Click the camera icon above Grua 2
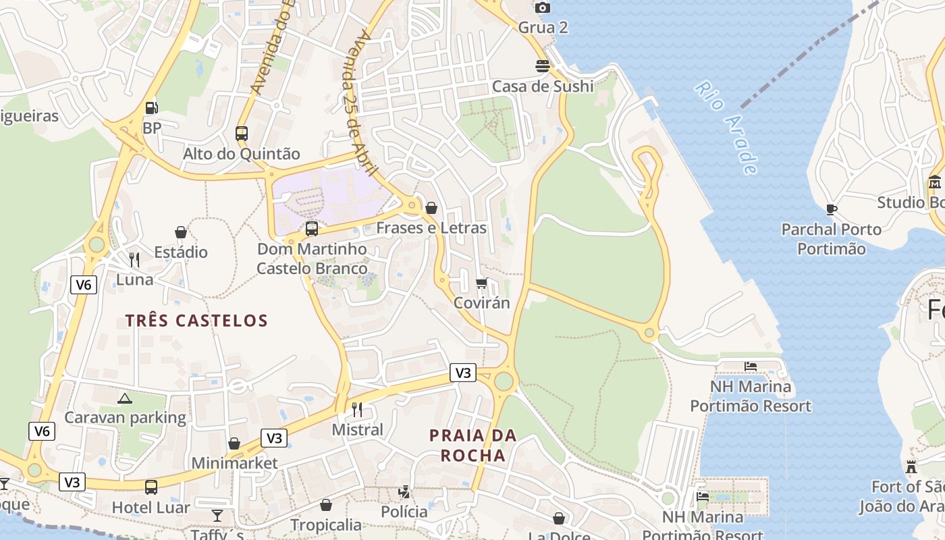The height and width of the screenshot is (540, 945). click(x=543, y=8)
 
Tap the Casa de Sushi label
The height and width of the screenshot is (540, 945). click(x=543, y=86)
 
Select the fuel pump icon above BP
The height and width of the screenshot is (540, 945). click(x=152, y=107)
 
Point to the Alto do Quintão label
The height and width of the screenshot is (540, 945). click(x=242, y=154)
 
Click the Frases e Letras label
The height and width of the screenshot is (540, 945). click(x=431, y=228)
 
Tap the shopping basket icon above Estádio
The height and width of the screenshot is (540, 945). click(x=181, y=233)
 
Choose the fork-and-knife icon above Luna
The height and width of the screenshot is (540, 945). click(x=134, y=259)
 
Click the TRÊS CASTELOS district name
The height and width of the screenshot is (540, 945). click(x=196, y=321)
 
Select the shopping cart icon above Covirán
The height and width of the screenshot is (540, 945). click(x=481, y=283)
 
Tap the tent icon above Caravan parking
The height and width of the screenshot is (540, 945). click(x=124, y=398)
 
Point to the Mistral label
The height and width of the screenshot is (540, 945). click(x=358, y=430)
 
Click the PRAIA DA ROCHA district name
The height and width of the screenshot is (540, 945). click(x=473, y=446)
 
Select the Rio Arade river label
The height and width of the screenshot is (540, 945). click(x=726, y=128)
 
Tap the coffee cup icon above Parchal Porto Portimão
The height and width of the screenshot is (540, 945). click(x=832, y=209)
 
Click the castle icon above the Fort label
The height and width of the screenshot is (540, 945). click(x=911, y=467)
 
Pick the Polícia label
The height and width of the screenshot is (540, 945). click(x=404, y=512)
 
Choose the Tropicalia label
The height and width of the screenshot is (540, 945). click(x=326, y=524)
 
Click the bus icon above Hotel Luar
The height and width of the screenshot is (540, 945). click(x=151, y=487)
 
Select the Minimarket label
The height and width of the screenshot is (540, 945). click(x=234, y=464)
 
